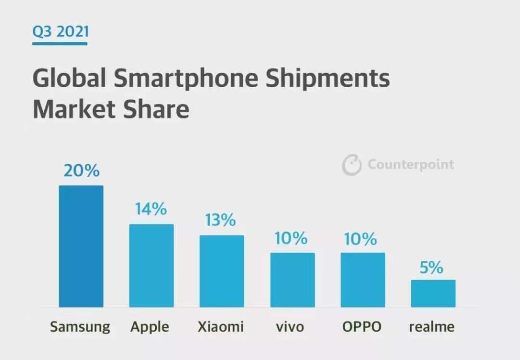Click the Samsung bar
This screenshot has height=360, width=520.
(81, 246)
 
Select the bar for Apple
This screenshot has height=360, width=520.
(151, 265)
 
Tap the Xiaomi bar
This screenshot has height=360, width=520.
(221, 271)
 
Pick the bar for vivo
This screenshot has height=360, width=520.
(292, 280)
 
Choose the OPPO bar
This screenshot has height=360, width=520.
(363, 280)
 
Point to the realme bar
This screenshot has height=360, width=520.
(433, 293)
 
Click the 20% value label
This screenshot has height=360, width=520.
(81, 170)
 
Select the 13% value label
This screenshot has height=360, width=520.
(221, 220)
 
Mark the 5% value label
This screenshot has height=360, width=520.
(431, 268)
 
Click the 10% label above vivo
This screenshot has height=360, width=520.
(291, 238)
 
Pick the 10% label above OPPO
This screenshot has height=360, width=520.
(361, 238)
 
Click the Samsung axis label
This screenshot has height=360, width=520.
(80, 327)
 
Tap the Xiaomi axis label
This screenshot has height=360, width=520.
(221, 327)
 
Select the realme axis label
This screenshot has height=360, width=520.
(432, 327)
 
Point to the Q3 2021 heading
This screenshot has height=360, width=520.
(61, 32)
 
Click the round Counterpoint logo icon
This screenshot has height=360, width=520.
(351, 165)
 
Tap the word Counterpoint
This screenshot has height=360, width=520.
(411, 165)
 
